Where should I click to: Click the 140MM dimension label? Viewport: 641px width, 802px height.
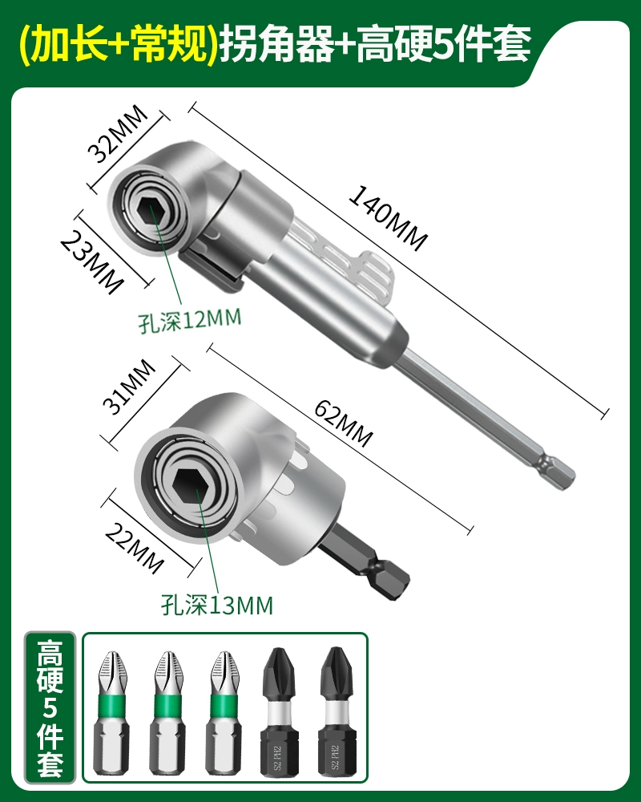tap(388, 218)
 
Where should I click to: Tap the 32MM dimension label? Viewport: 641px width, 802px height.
tap(118, 133)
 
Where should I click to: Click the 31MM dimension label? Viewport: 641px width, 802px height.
tap(129, 387)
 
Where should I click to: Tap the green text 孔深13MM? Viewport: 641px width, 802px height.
tap(217, 606)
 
